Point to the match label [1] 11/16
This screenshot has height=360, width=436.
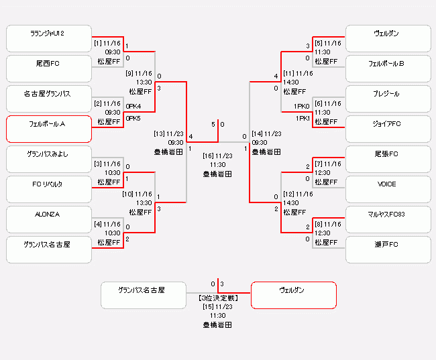107,43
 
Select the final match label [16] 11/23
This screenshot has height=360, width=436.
218,156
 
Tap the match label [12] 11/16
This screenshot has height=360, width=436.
298,194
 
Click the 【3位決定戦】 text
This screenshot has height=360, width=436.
218,297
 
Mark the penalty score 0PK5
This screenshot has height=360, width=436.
133,119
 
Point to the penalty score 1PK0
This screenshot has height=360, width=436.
301,106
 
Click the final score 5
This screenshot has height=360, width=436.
213,125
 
